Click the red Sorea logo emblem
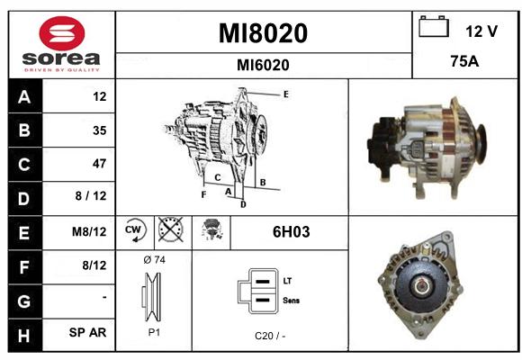[x=62, y=33]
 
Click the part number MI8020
[x=263, y=33]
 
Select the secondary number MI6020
[x=263, y=65]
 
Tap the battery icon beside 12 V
[x=434, y=26]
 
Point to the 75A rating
[x=464, y=61]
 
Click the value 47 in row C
[x=100, y=164]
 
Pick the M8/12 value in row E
[x=89, y=231]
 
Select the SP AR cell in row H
[x=87, y=332]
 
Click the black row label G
[x=25, y=301]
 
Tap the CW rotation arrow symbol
[x=135, y=230]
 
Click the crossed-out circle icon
[x=171, y=229]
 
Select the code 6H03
[x=292, y=232]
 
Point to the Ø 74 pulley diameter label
[x=154, y=260]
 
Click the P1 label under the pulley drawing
[x=154, y=332]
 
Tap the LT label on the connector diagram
[x=287, y=281]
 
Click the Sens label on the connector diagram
[x=291, y=301]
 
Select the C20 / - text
[x=270, y=336]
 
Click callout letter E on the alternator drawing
[x=286, y=94]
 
